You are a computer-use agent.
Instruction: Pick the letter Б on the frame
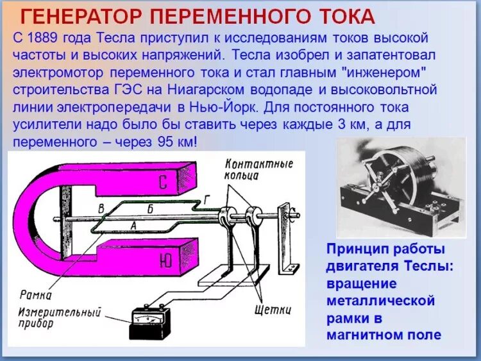[149, 208]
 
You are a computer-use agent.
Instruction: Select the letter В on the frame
[101, 208]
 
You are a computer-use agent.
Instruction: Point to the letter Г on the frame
[206, 200]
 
